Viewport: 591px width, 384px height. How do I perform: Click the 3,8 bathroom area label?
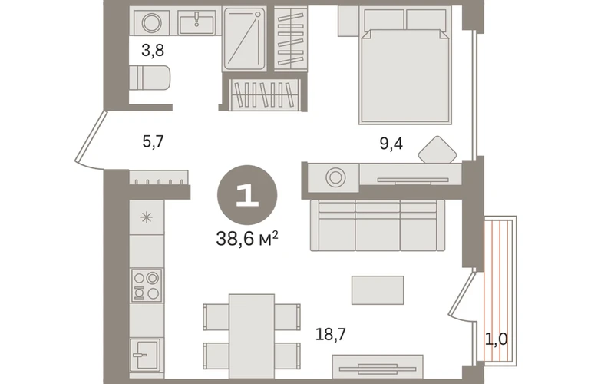[x=153, y=50]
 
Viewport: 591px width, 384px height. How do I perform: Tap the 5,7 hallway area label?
[x=153, y=142]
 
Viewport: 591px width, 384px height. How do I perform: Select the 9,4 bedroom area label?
[x=391, y=144]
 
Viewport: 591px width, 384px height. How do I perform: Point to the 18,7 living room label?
[x=331, y=334]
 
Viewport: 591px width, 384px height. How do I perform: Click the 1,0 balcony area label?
[x=496, y=339]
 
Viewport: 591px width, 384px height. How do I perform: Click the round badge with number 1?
[x=247, y=195]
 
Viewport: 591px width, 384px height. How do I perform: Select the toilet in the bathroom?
[x=150, y=78]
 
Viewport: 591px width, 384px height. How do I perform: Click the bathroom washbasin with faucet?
[x=196, y=22]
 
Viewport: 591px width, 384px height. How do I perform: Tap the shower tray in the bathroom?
[x=245, y=39]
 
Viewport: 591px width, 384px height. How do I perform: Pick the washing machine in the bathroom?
[x=151, y=23]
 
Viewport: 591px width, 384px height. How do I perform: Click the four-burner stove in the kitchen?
[x=147, y=286]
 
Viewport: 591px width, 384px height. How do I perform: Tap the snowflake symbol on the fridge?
[x=147, y=217]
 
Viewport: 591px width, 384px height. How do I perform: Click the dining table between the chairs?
[x=252, y=336]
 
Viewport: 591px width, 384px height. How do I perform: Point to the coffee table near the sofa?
[x=378, y=290]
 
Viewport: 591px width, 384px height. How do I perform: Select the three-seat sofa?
[x=378, y=225]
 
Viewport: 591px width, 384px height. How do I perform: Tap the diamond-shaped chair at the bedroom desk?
[x=437, y=150]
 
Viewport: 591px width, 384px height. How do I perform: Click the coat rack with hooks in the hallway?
[x=159, y=177]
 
